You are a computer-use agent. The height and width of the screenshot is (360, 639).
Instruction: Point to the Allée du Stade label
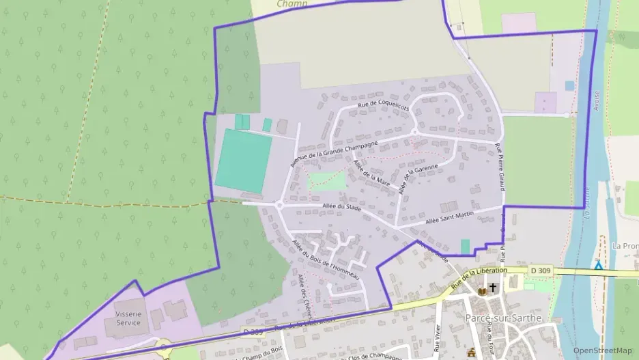click(342, 206)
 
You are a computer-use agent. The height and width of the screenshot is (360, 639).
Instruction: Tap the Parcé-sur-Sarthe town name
click(498, 319)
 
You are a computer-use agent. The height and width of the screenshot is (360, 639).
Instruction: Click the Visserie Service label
click(128, 318)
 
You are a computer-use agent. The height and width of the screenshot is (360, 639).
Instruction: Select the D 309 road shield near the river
click(541, 271)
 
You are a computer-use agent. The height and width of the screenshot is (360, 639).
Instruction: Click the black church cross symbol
click(494, 288)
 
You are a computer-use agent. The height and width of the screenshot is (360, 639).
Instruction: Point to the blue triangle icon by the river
click(599, 264)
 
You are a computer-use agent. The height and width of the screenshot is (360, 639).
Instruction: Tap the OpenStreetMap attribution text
click(602, 350)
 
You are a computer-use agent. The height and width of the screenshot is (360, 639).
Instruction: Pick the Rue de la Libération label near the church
click(479, 276)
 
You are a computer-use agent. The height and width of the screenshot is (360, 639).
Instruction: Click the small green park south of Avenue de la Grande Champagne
click(327, 181)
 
